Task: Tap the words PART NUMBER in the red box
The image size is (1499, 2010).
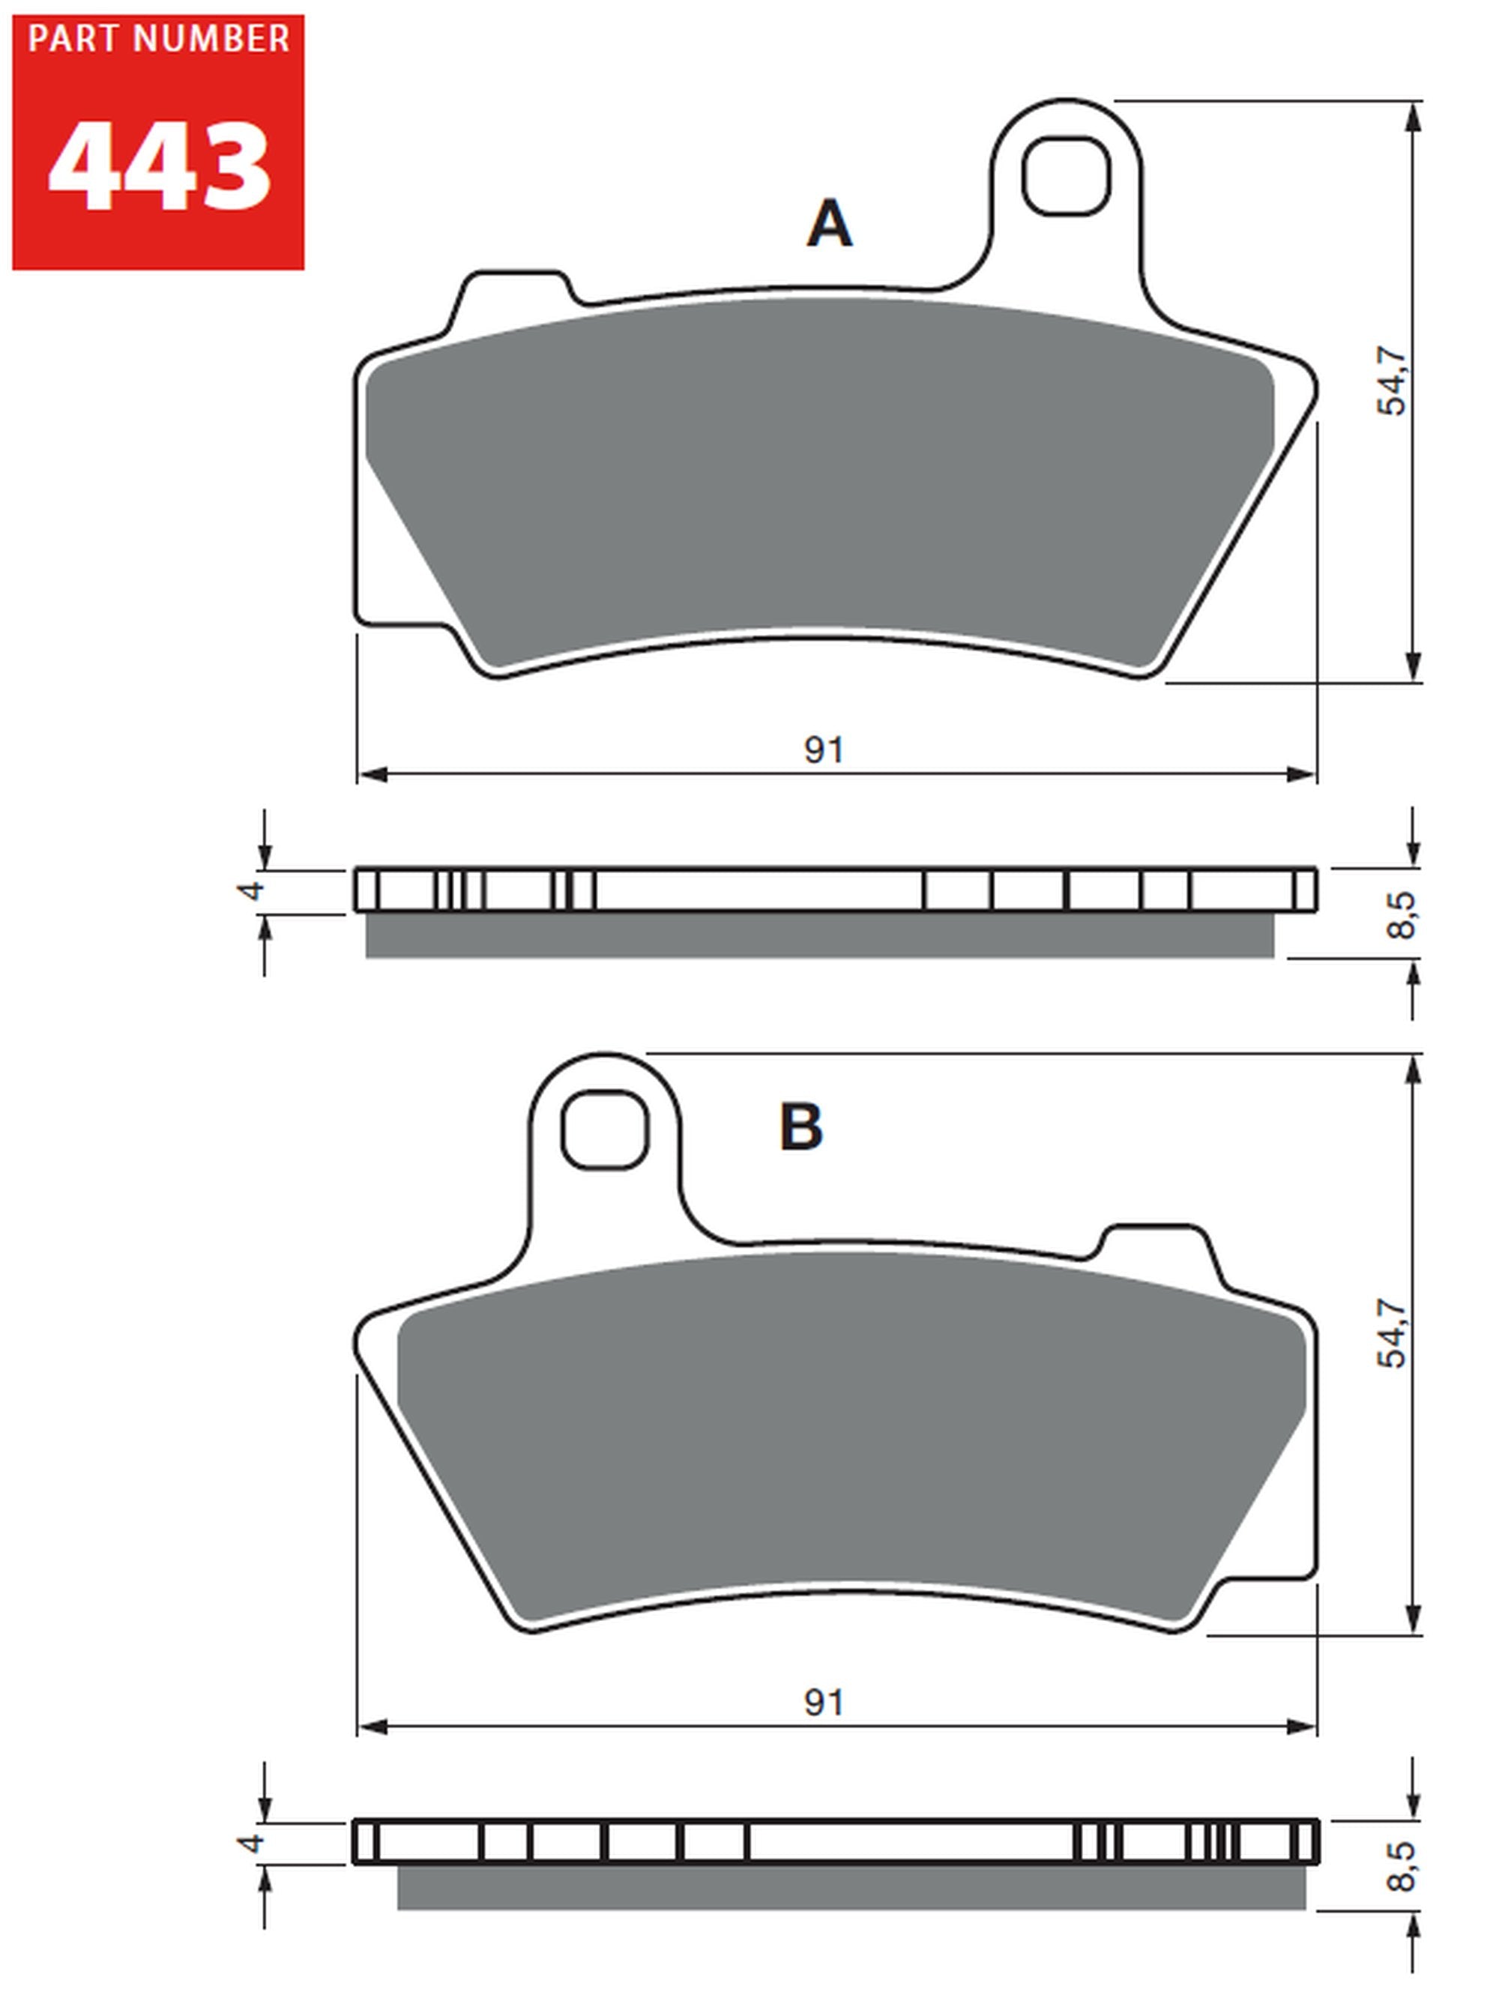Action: click(x=159, y=39)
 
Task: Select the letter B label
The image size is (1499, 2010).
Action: click(x=800, y=1127)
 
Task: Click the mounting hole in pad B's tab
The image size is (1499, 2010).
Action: click(x=604, y=1129)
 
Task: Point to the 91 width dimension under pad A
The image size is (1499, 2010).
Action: click(x=824, y=750)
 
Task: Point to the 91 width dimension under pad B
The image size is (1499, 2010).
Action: click(x=824, y=1703)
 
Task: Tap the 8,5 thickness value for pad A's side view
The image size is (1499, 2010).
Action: click(x=1401, y=915)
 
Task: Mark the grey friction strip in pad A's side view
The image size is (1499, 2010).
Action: click(x=819, y=935)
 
